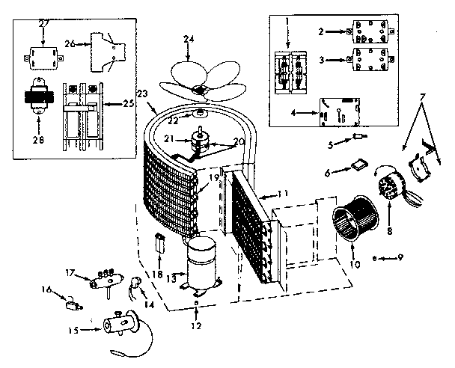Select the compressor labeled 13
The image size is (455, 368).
[201, 263]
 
